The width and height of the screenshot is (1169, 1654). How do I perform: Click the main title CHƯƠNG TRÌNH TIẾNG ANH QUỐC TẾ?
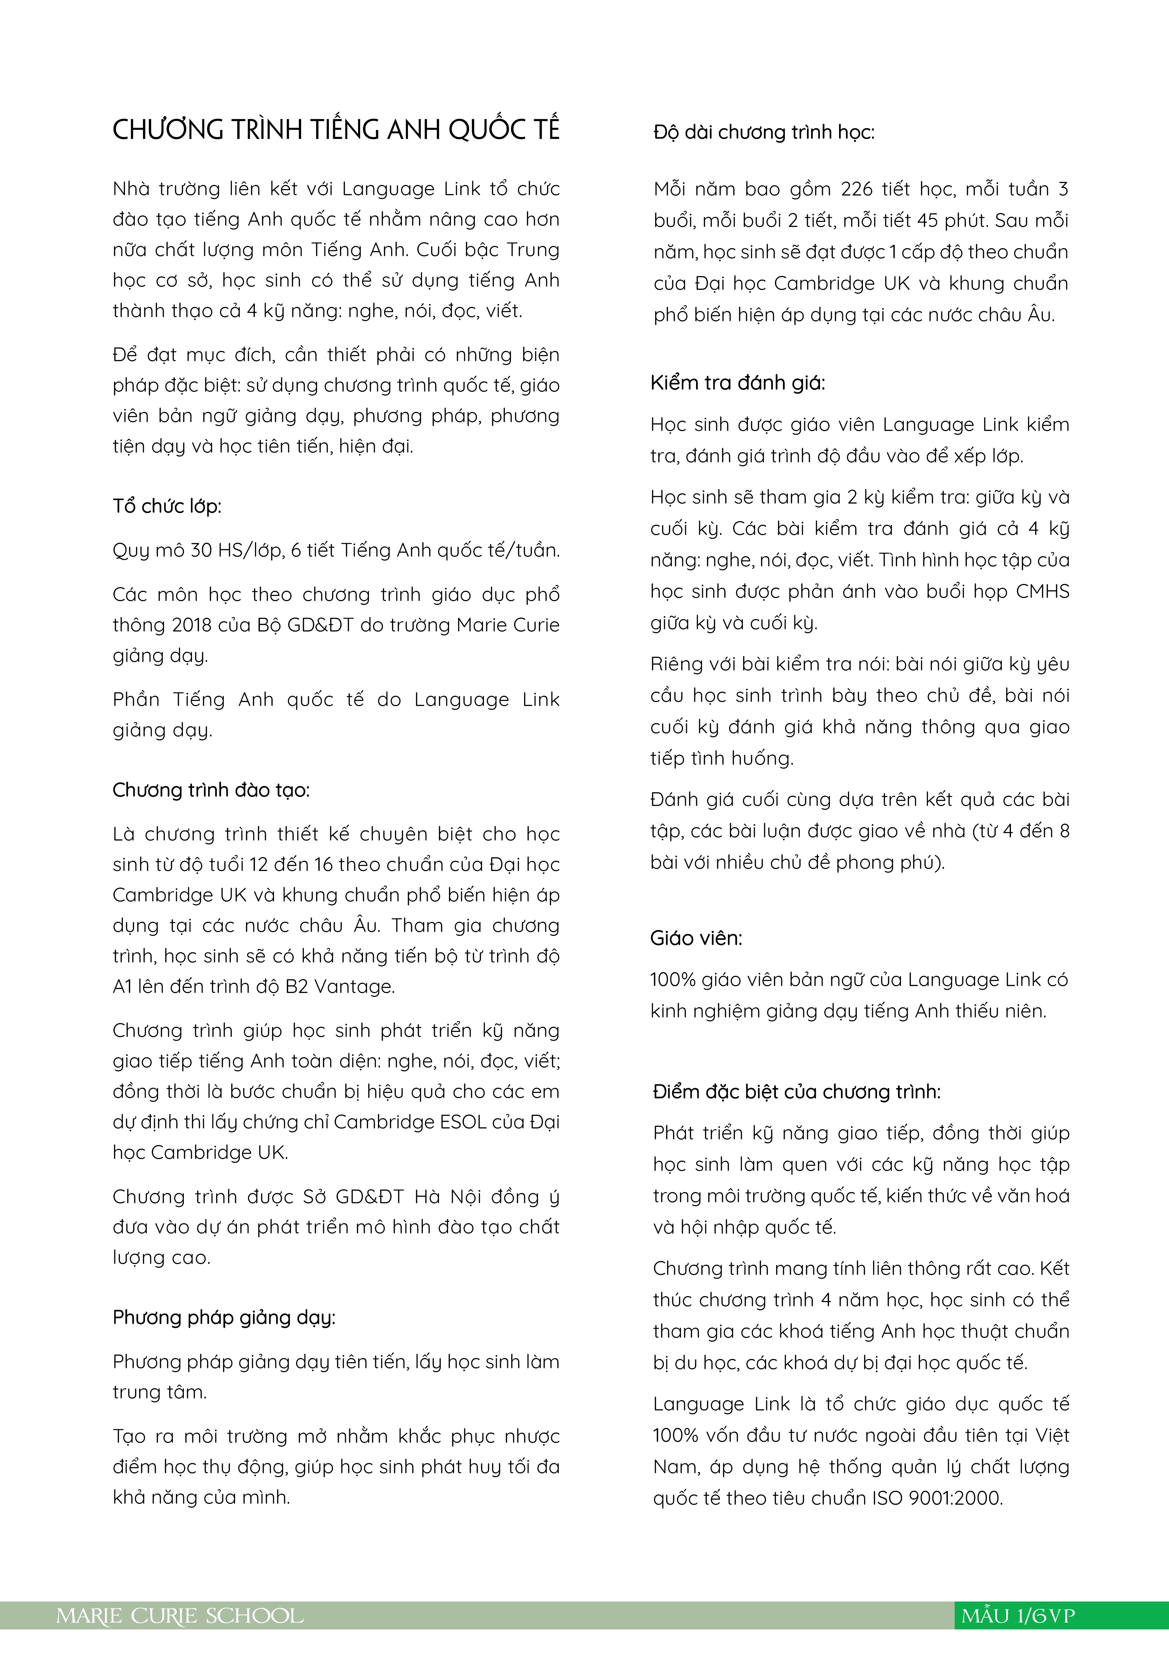click(336, 130)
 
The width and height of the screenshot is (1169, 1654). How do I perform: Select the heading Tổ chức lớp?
click(166, 506)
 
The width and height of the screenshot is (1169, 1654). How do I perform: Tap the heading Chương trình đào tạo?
click(210, 790)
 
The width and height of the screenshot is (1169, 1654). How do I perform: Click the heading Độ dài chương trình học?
click(764, 133)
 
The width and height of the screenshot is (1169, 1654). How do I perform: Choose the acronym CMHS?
click(1042, 592)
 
